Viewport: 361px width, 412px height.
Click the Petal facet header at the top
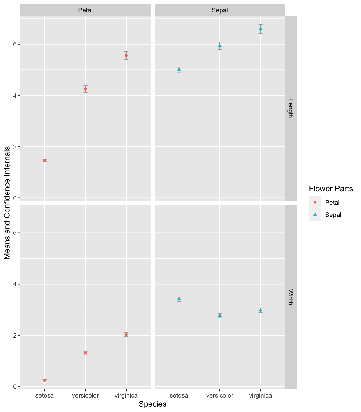pos(85,10)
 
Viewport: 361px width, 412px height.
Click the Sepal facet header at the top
pos(220,10)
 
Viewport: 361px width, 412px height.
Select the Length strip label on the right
pos(291,108)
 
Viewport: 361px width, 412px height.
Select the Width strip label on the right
pos(291,297)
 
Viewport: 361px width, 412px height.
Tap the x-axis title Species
pos(152,404)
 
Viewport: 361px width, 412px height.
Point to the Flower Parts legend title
pos(331,189)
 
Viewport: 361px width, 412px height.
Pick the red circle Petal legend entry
pos(315,202)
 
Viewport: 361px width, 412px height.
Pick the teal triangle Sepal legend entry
pos(315,215)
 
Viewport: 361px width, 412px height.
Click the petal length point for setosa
pos(45,160)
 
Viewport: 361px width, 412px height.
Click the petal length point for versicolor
pos(85,89)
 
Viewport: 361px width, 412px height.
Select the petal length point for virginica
pos(126,56)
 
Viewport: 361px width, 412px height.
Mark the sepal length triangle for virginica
pos(261,29)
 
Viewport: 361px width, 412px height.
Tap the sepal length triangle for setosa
pos(179,69)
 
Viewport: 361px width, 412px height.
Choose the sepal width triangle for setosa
pos(179,298)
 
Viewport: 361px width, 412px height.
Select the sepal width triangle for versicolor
pos(220,315)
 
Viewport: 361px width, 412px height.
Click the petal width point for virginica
pos(126,334)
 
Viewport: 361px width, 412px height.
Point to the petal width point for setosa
pos(45,380)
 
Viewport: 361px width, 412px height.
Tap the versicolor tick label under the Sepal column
pos(220,395)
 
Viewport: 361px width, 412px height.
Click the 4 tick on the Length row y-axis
pos(15,95)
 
